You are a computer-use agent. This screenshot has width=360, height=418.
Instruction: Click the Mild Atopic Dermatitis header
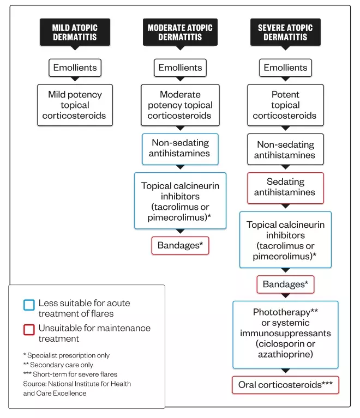pos(75,32)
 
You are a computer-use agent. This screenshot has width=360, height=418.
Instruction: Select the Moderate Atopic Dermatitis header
pos(180,32)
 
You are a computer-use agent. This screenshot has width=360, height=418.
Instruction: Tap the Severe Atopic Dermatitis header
pos(285,32)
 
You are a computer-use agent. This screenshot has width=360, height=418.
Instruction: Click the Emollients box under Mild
pos(75,68)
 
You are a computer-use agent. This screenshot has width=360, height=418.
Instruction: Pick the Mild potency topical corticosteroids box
pos(75,105)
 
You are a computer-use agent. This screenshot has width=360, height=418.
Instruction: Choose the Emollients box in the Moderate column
pos(180,68)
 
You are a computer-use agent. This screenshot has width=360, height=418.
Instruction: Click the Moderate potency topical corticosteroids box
pos(180,105)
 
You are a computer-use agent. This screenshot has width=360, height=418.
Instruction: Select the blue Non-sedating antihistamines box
pos(180,148)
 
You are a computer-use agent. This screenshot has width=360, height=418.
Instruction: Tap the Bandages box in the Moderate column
pos(180,245)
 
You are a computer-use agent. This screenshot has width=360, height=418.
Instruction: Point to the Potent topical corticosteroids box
pos(285,105)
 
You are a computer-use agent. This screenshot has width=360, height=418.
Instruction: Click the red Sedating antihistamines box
pos(285,187)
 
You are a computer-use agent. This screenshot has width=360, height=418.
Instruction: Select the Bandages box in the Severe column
pos(285,284)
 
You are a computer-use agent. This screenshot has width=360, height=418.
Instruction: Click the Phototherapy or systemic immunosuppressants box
pos(285,334)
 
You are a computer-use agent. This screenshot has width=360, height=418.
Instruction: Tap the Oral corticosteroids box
pos(285,385)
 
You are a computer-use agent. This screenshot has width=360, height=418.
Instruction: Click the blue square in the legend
pos(29,305)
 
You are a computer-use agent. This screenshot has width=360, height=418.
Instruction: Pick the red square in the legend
pos(29,329)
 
